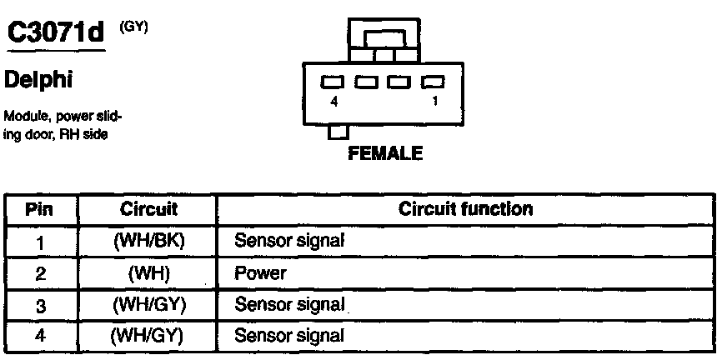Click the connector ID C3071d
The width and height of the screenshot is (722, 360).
(56, 34)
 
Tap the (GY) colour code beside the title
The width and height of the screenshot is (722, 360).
(133, 27)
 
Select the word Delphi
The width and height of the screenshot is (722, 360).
(39, 81)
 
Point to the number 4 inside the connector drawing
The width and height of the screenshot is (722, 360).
(333, 101)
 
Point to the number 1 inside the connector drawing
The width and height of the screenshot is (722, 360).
(435, 101)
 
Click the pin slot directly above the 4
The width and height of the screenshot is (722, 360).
(333, 82)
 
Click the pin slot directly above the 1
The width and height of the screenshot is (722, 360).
(433, 82)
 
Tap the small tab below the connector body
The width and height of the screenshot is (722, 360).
(338, 132)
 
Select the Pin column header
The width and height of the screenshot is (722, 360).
(40, 208)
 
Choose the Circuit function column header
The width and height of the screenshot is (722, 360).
(465, 208)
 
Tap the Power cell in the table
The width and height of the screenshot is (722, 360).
(261, 273)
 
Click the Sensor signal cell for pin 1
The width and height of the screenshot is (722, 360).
(289, 241)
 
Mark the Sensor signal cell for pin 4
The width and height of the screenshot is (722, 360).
(289, 337)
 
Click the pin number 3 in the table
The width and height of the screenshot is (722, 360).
(40, 306)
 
